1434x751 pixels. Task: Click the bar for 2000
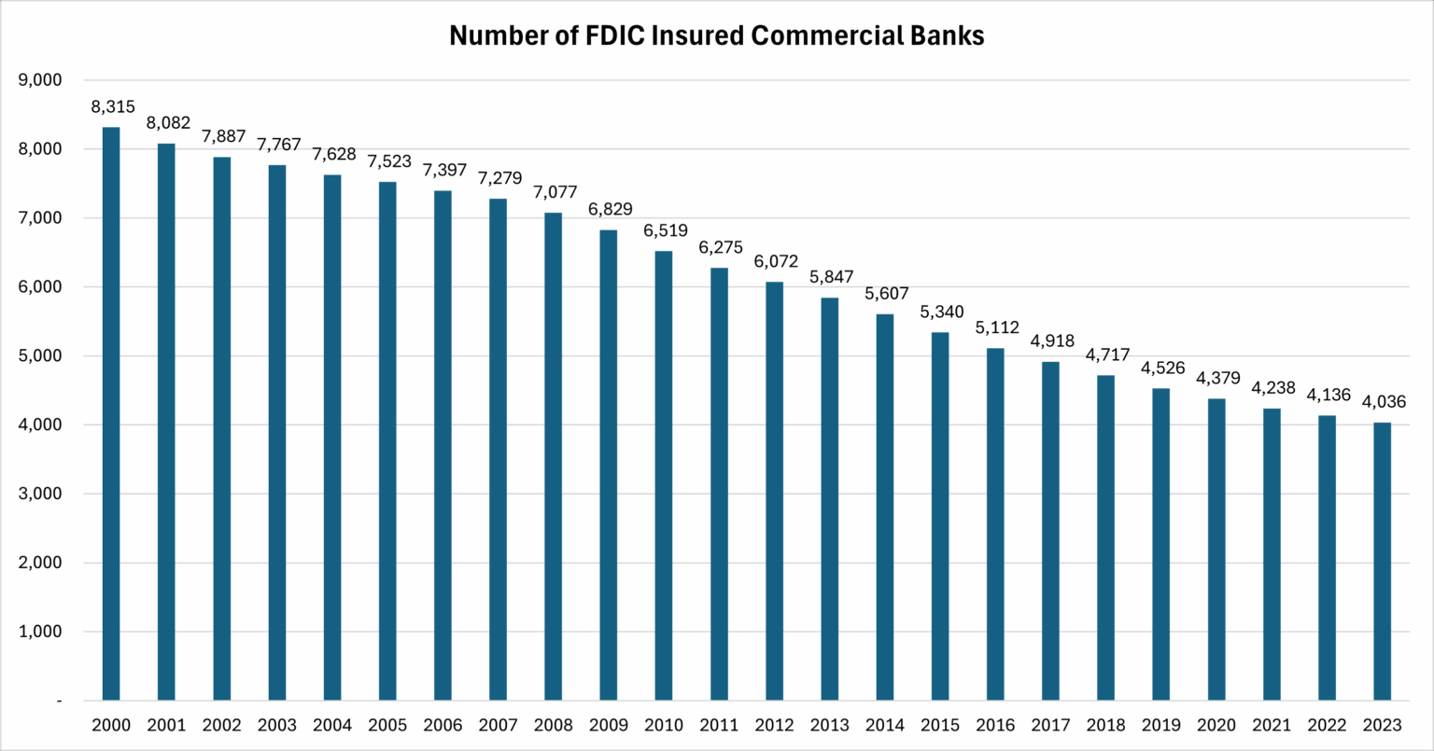(x=111, y=413)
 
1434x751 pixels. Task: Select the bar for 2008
(x=553, y=456)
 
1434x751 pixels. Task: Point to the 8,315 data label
(x=111, y=107)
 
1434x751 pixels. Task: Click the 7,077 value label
(x=553, y=193)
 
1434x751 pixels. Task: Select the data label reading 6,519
(x=664, y=231)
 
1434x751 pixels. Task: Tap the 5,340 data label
(x=940, y=313)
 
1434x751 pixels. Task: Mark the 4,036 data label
(x=1383, y=402)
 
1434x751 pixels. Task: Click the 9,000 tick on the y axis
(x=40, y=80)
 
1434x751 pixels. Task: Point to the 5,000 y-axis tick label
(x=40, y=356)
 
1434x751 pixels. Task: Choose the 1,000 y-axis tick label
(x=40, y=632)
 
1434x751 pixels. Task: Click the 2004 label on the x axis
(x=332, y=725)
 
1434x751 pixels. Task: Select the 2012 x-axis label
(x=775, y=725)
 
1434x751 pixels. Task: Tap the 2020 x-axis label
(x=1216, y=725)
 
